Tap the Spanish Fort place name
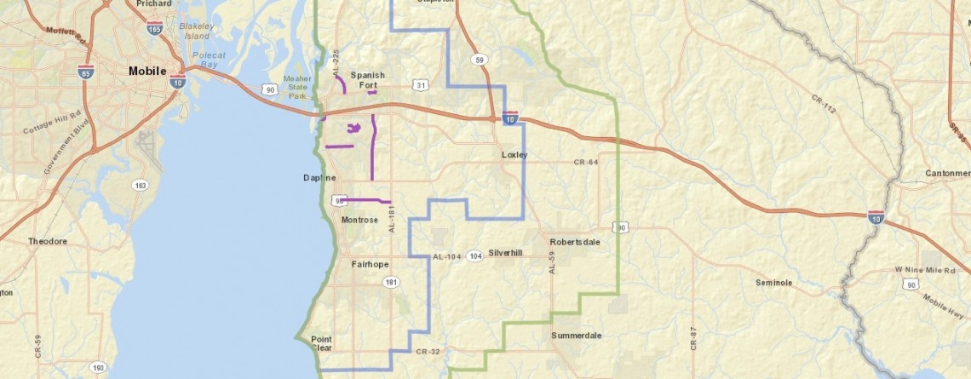[x=367, y=79]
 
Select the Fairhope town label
[x=370, y=265]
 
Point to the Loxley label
[x=514, y=155]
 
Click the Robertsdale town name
[x=575, y=242]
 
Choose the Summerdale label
[x=576, y=336]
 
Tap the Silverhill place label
[x=505, y=254]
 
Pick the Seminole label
[x=773, y=283]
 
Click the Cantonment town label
[x=947, y=174]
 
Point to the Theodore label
[x=48, y=242]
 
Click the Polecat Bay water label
[x=208, y=59]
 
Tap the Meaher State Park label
[x=298, y=86]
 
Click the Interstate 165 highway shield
[x=154, y=28]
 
